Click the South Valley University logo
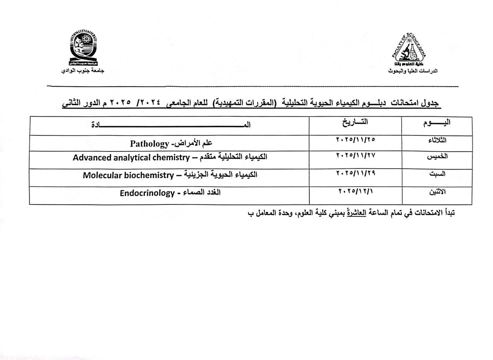point(83,49)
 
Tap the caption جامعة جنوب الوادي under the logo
point(83,71)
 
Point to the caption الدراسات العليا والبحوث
point(413,71)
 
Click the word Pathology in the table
point(149,144)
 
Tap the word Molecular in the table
point(101,175)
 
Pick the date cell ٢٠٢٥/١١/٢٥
point(355,139)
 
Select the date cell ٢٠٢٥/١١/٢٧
point(355,155)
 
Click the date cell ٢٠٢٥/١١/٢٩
point(355,173)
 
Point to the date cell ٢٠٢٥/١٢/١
point(355,191)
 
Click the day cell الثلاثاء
point(437,140)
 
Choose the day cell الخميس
point(437,156)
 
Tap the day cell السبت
point(437,174)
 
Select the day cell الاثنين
point(437,192)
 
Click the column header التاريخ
point(355,122)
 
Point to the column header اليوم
point(437,122)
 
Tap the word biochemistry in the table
point(149,175)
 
